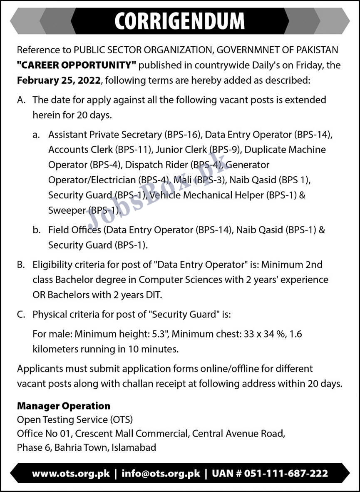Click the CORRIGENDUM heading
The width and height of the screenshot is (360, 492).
179,20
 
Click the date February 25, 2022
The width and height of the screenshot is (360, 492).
59,80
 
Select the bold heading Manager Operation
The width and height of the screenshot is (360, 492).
64,406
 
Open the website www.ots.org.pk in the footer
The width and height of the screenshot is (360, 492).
71,473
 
